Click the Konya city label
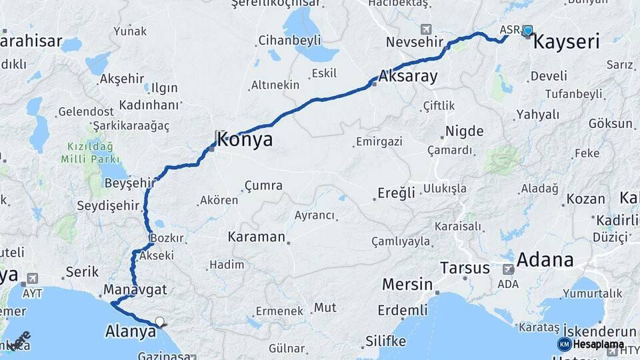245,139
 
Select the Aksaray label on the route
408,77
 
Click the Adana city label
545,259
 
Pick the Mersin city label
407,285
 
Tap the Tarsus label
465,268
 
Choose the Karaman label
256,237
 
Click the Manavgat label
135,290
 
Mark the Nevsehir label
415,43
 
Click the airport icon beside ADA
509,269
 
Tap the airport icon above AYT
31,279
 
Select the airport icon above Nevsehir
426,30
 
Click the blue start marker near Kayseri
528,30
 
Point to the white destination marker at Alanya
159,322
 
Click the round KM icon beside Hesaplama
564,344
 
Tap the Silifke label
385,341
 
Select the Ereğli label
397,193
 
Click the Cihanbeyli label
289,39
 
